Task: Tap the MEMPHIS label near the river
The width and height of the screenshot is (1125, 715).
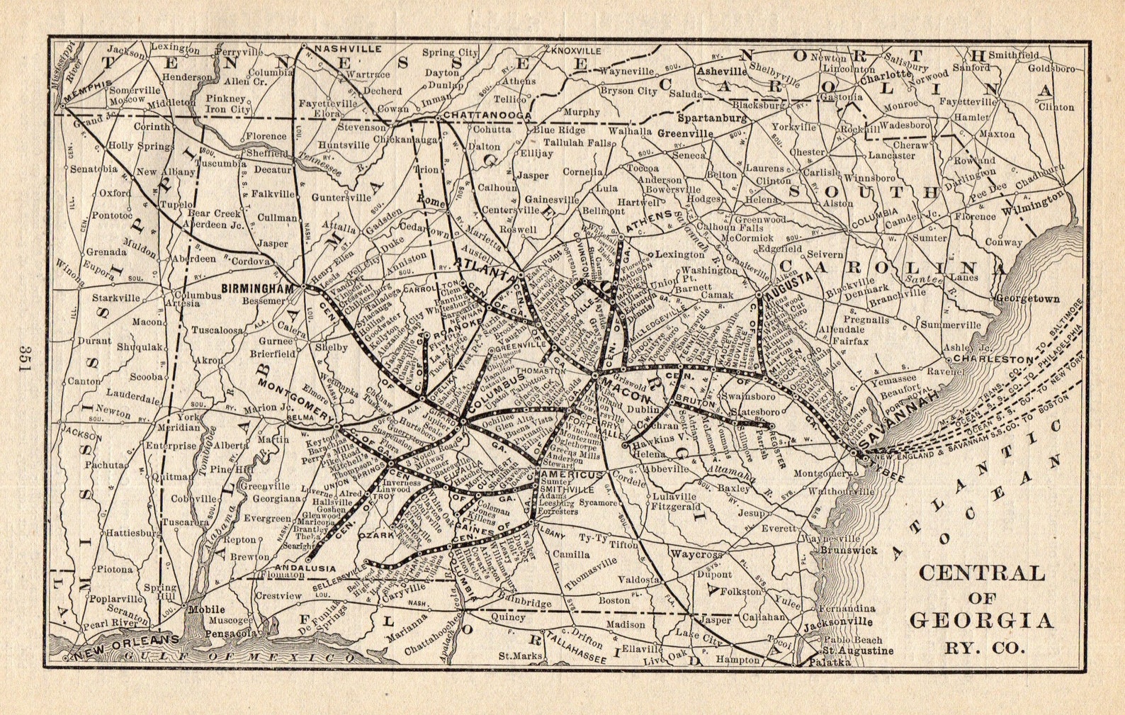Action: [87, 91]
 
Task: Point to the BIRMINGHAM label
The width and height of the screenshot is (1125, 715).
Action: [257, 288]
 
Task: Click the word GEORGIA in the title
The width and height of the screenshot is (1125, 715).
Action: [981, 621]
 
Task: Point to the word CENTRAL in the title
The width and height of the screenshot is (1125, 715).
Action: [981, 573]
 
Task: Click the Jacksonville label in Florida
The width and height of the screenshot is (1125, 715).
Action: [838, 621]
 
